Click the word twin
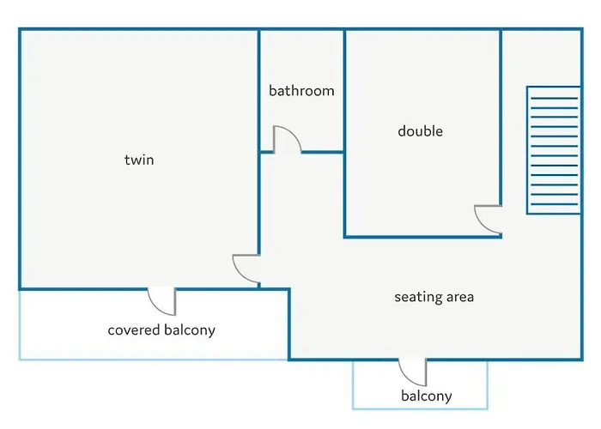(139, 160)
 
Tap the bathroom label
(301, 91)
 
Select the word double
(421, 131)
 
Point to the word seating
(416, 297)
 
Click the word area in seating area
(458, 297)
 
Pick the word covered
(133, 329)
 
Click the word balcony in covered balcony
(190, 330)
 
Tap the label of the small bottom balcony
(427, 396)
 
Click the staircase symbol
(554, 150)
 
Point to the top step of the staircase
(555, 99)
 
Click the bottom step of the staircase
(555, 204)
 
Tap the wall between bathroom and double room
(344, 91)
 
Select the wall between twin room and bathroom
(259, 91)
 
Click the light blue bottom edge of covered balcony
(154, 360)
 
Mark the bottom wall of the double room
(422, 237)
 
